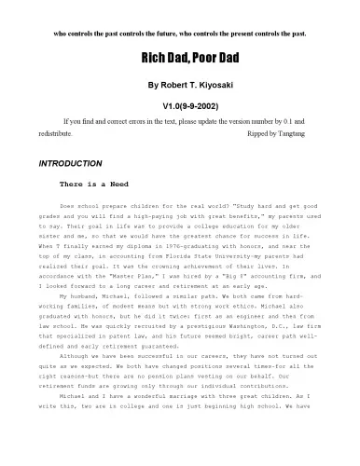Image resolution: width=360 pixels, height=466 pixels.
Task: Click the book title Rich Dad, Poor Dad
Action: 179,58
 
